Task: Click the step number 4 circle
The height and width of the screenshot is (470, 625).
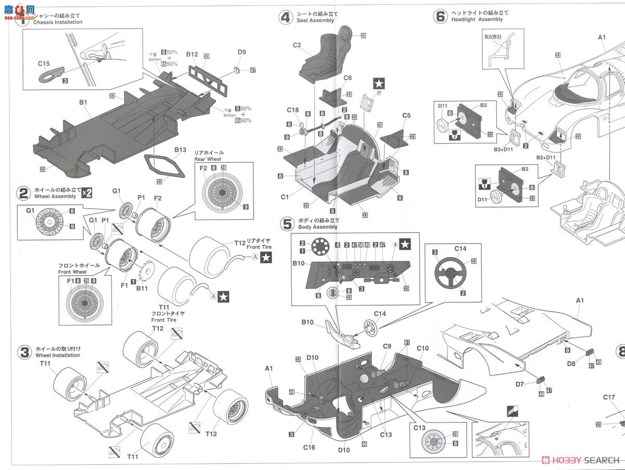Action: [x=285, y=18]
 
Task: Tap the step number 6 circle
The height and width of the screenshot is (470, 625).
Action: [x=440, y=16]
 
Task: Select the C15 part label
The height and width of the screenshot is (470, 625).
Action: [x=44, y=64]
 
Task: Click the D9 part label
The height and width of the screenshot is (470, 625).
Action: [x=242, y=52]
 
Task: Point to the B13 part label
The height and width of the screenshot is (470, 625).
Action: [x=180, y=150]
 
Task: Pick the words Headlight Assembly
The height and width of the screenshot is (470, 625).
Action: [x=477, y=19]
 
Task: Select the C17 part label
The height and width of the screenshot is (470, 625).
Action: [x=609, y=397]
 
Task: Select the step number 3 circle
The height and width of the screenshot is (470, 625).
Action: [x=24, y=352]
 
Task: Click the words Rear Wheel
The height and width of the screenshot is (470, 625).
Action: [x=208, y=159]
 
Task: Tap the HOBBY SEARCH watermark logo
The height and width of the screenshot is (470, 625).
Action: [x=581, y=460]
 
